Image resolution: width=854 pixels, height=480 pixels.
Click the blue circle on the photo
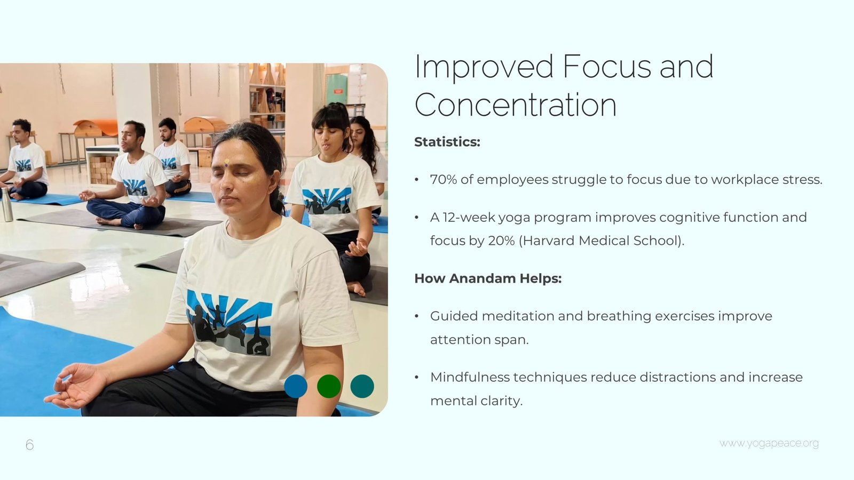[296, 386]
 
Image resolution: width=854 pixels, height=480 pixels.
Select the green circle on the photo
[329, 386]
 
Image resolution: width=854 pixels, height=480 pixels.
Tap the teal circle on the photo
[362, 386]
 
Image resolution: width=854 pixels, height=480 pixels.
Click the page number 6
[30, 445]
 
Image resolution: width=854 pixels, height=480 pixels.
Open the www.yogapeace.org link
[769, 443]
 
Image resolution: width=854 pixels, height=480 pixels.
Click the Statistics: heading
[447, 142]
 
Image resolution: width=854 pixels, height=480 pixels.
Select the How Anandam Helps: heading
[488, 278]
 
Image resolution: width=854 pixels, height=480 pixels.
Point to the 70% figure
[444, 179]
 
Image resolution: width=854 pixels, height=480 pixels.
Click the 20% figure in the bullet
[501, 241]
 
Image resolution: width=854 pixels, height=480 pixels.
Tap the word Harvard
[548, 241]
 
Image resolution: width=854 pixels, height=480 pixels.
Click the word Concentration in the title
[516, 105]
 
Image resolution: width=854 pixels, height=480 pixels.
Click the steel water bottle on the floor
[7, 204]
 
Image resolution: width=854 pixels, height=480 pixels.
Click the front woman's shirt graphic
[229, 322]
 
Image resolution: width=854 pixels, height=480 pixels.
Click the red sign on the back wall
[338, 91]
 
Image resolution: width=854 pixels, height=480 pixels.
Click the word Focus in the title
[607, 66]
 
